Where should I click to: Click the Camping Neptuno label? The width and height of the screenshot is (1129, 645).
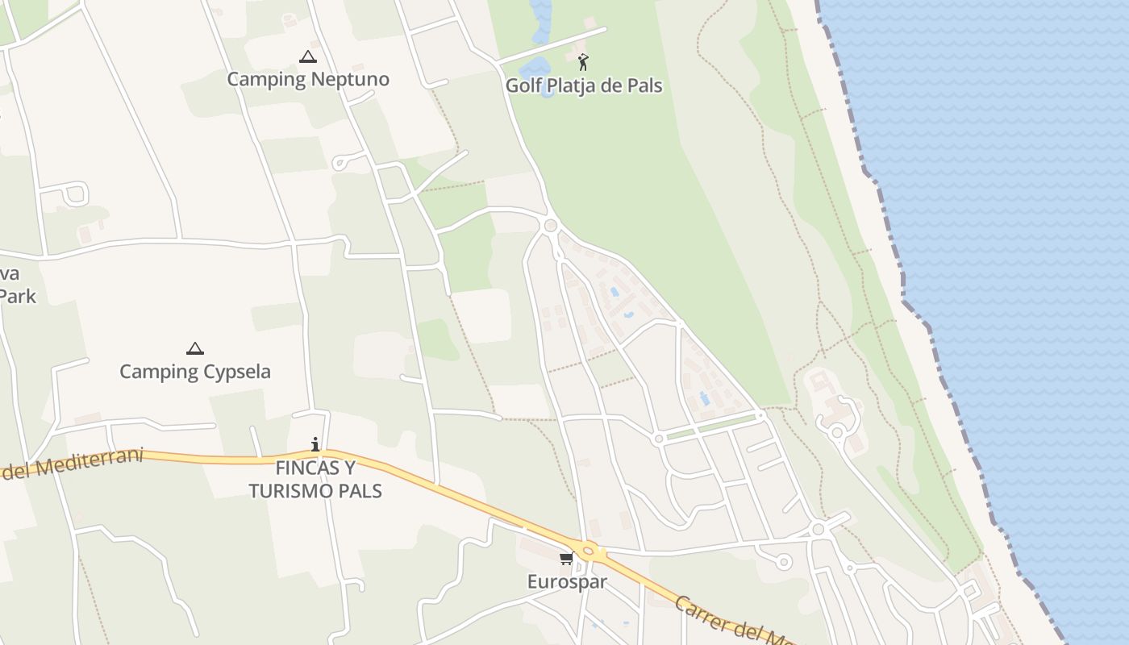pos(307,79)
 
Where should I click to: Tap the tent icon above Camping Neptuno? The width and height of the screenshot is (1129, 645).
pos(307,57)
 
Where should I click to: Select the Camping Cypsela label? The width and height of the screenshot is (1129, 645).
pos(194,372)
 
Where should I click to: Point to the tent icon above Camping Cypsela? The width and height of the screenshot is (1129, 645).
pos(194,349)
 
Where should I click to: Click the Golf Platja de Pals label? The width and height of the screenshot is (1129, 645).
pos(583,85)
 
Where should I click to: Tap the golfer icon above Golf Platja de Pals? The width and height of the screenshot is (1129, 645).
pos(583,62)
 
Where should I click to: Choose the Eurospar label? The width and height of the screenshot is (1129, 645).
pos(566,581)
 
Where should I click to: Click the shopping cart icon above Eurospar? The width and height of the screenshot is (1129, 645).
pos(566,559)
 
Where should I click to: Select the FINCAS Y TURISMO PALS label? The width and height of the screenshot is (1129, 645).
pos(315,480)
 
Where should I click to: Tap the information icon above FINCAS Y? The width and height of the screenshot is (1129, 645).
pos(315,444)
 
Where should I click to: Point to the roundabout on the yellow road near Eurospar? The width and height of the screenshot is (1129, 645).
pos(589,551)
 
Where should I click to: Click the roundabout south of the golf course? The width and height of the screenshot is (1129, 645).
pos(551,226)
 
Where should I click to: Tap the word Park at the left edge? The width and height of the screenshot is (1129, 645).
pos(18,296)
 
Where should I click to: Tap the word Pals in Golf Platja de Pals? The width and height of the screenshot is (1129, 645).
pos(644,85)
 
